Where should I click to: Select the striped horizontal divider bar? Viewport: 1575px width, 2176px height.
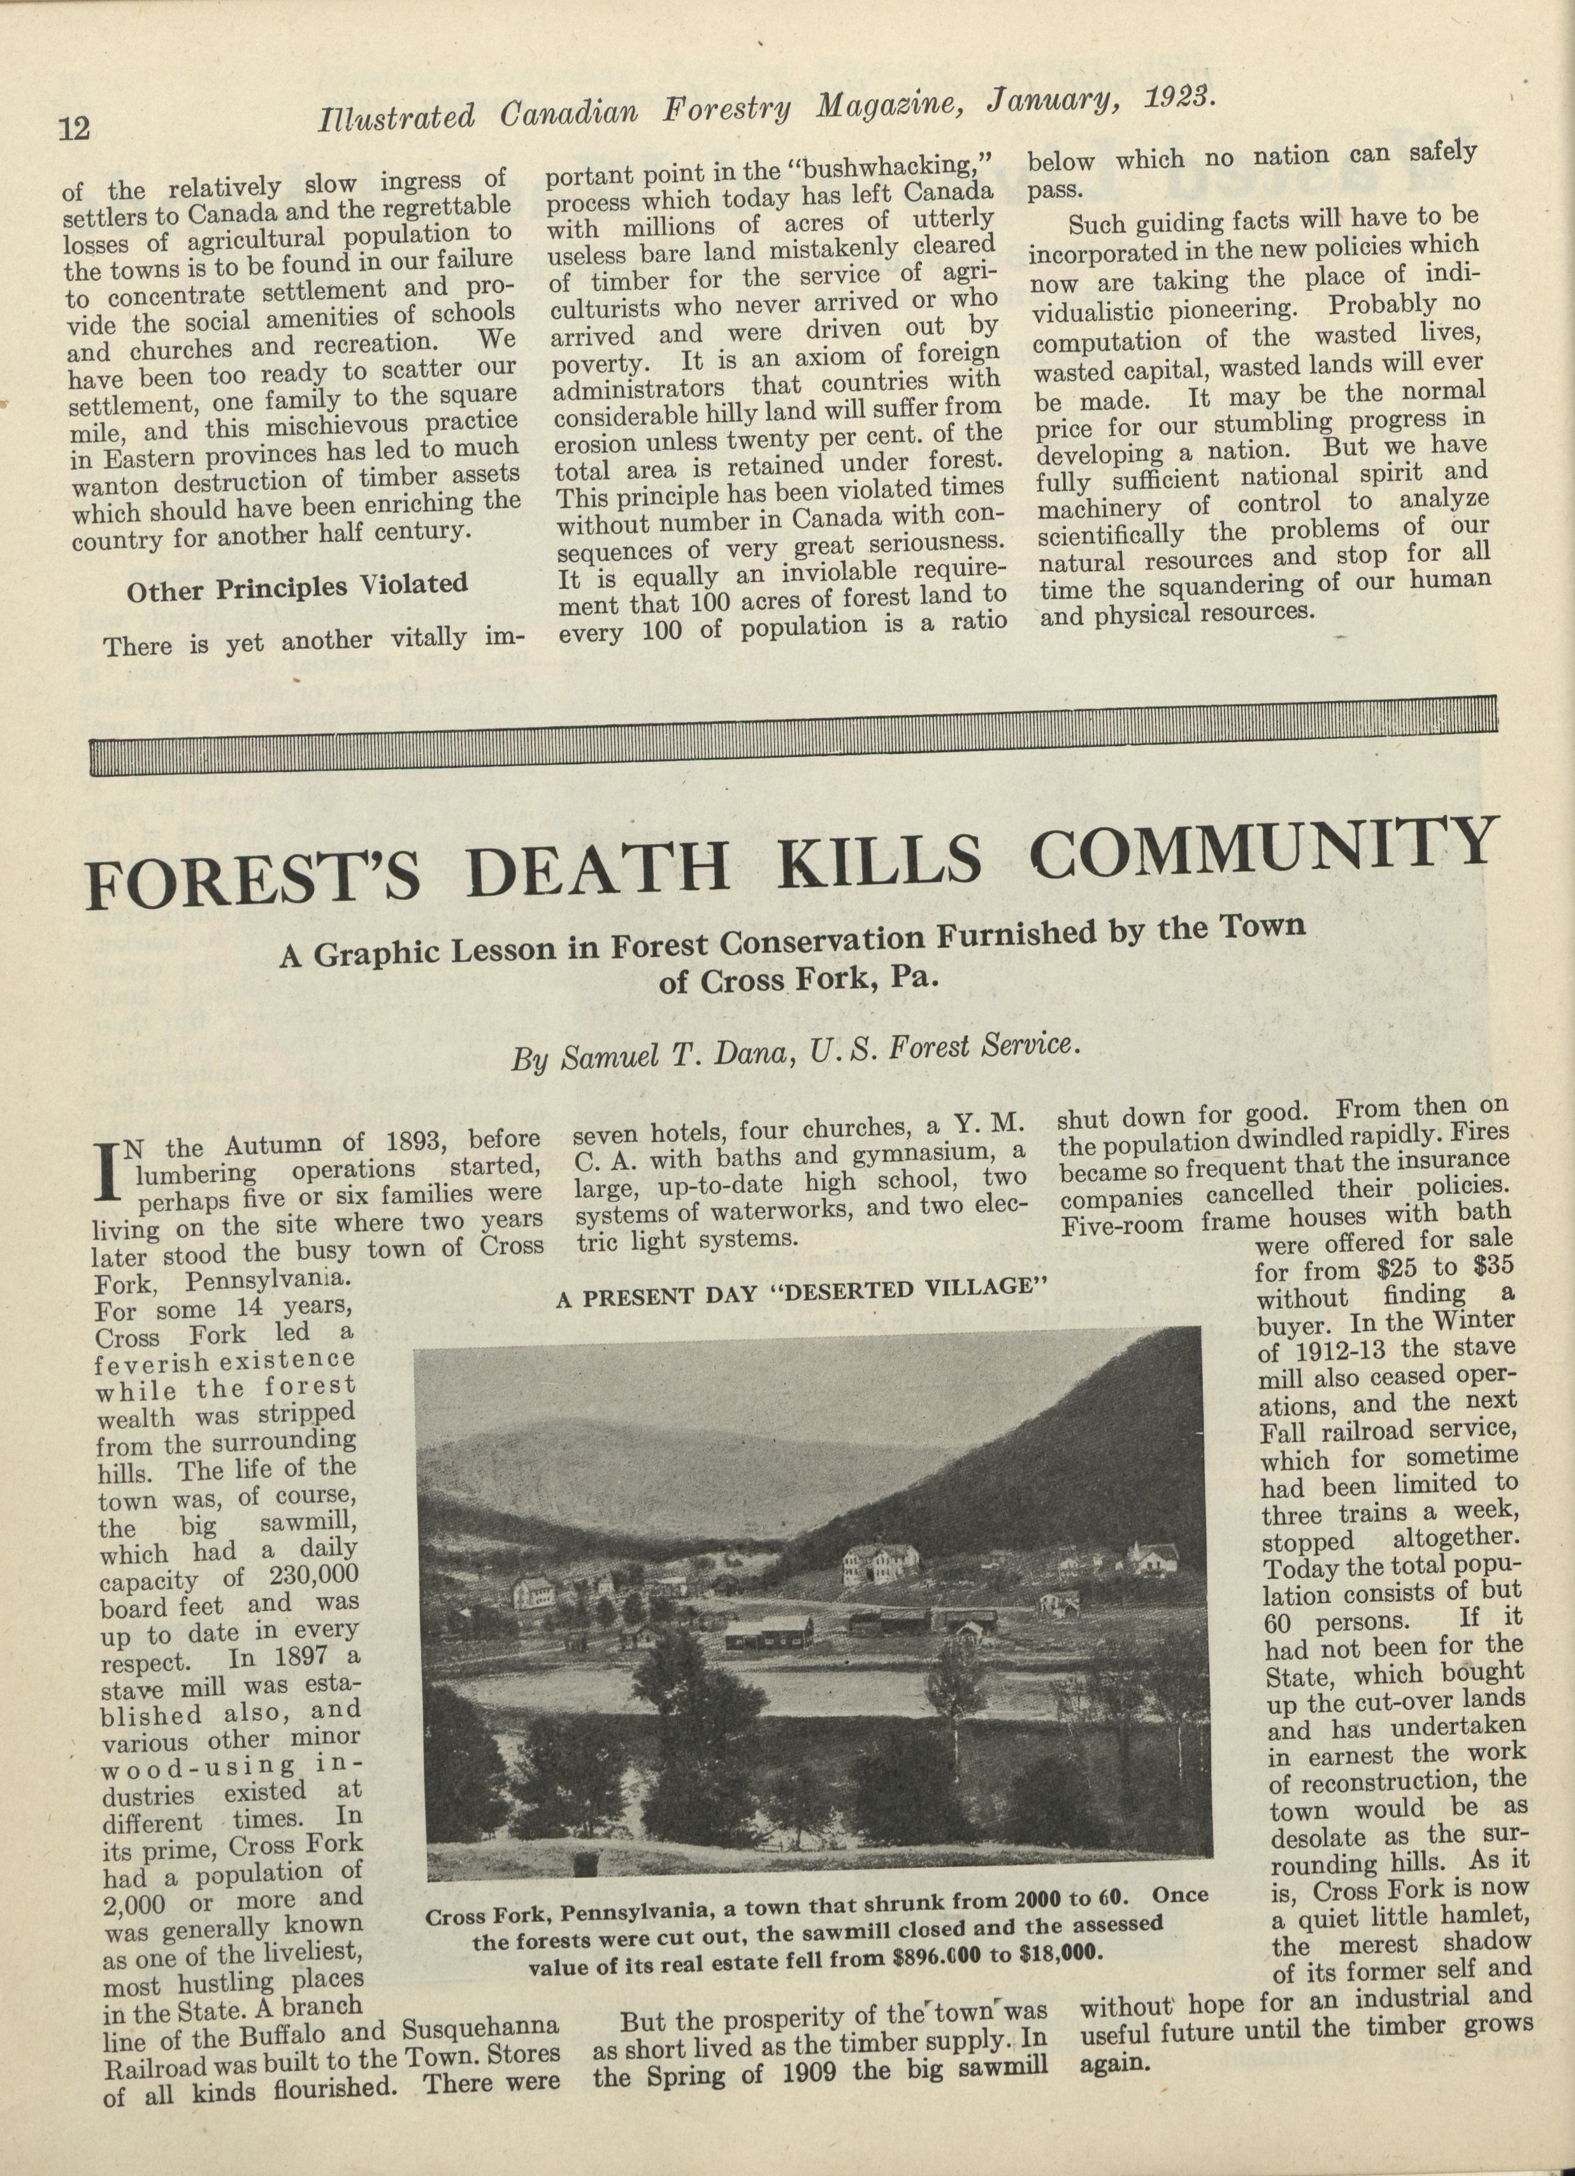click(x=792, y=732)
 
